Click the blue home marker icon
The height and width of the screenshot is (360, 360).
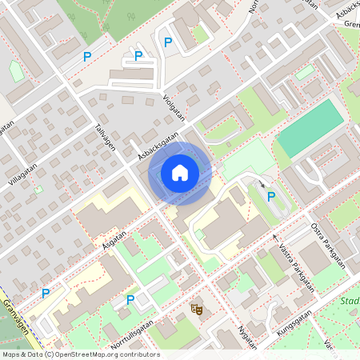coord(180,172)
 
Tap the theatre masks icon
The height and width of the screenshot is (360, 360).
coord(196,307)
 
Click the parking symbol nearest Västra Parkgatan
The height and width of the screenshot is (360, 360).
coord(271,197)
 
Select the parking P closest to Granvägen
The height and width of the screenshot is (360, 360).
coord(46,294)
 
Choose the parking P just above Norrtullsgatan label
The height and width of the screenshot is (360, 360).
coord(130,300)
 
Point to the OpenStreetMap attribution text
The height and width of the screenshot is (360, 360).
coord(80,354)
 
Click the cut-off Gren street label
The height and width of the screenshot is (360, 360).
coord(350,24)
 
